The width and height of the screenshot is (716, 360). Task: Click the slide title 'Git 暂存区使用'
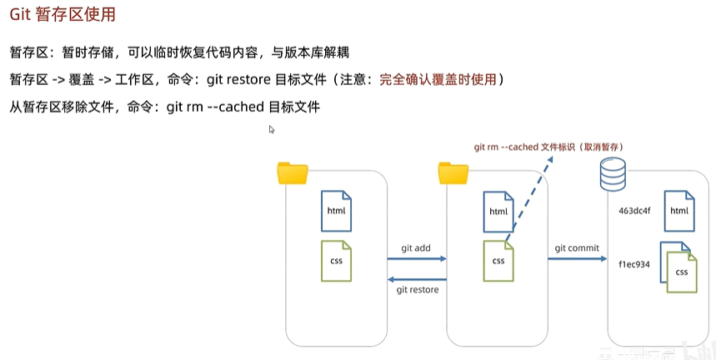63,15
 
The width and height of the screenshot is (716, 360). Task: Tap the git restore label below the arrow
417,289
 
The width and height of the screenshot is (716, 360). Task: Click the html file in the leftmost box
337,211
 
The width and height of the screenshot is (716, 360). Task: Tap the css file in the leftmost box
337,260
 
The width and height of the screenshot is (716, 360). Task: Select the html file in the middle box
498,211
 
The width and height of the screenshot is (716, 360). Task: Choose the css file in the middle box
498,260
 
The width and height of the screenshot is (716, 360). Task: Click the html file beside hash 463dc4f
678,210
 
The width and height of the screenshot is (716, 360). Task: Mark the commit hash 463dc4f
634,211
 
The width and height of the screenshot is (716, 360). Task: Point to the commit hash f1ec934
633,263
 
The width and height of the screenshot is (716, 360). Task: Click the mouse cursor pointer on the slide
272,129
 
